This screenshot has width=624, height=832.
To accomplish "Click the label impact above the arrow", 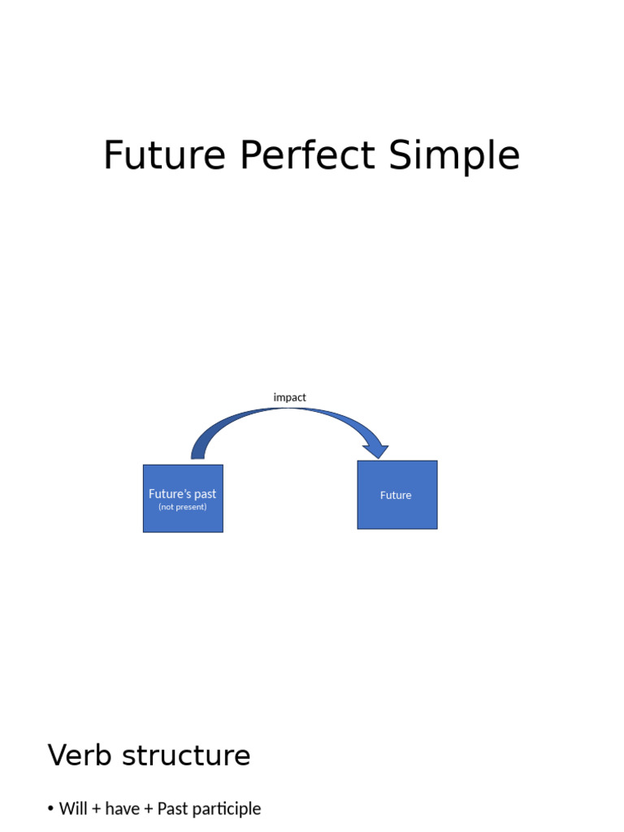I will click(290, 397).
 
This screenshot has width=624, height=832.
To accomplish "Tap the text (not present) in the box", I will click(183, 507).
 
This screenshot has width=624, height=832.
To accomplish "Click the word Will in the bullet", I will click(73, 808).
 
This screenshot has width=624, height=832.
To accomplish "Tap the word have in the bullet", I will click(122, 808).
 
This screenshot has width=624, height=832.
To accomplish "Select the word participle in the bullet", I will click(227, 809).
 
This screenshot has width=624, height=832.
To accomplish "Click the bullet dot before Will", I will click(50, 809).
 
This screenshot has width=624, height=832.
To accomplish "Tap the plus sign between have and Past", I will click(148, 809).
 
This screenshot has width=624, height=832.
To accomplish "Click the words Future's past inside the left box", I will click(183, 493).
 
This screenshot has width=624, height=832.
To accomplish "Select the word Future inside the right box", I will click(396, 495).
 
